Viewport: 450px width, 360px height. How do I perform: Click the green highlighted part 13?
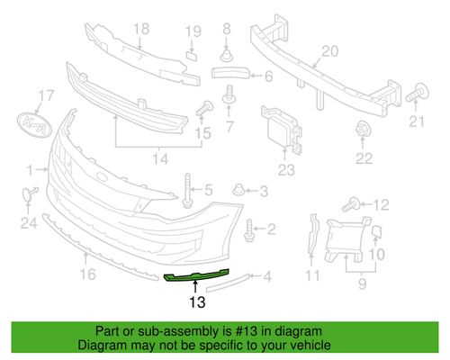[x=196, y=276]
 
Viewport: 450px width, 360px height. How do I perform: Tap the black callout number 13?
[x=197, y=302]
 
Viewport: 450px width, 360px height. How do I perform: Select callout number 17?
[x=46, y=95]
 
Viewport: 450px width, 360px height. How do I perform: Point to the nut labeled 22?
[x=363, y=130]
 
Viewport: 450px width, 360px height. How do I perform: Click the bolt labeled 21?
[x=417, y=93]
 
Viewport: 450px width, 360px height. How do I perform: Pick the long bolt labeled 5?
[x=187, y=191]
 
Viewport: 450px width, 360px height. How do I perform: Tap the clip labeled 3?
[x=238, y=190]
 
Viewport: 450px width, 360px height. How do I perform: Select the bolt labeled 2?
[x=249, y=230]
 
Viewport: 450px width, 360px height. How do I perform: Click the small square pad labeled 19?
[x=192, y=56]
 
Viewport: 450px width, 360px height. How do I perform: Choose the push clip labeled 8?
[x=227, y=56]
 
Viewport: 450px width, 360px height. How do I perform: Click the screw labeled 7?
[x=229, y=94]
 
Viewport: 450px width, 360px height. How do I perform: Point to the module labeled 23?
[x=282, y=130]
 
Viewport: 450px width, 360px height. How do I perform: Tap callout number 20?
[x=330, y=51]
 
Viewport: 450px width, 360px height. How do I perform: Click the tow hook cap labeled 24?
[x=30, y=193]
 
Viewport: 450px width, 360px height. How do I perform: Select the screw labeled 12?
[x=351, y=205]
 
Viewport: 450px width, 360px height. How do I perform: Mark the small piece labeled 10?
[x=376, y=232]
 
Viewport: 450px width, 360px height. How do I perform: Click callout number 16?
[x=87, y=274]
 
